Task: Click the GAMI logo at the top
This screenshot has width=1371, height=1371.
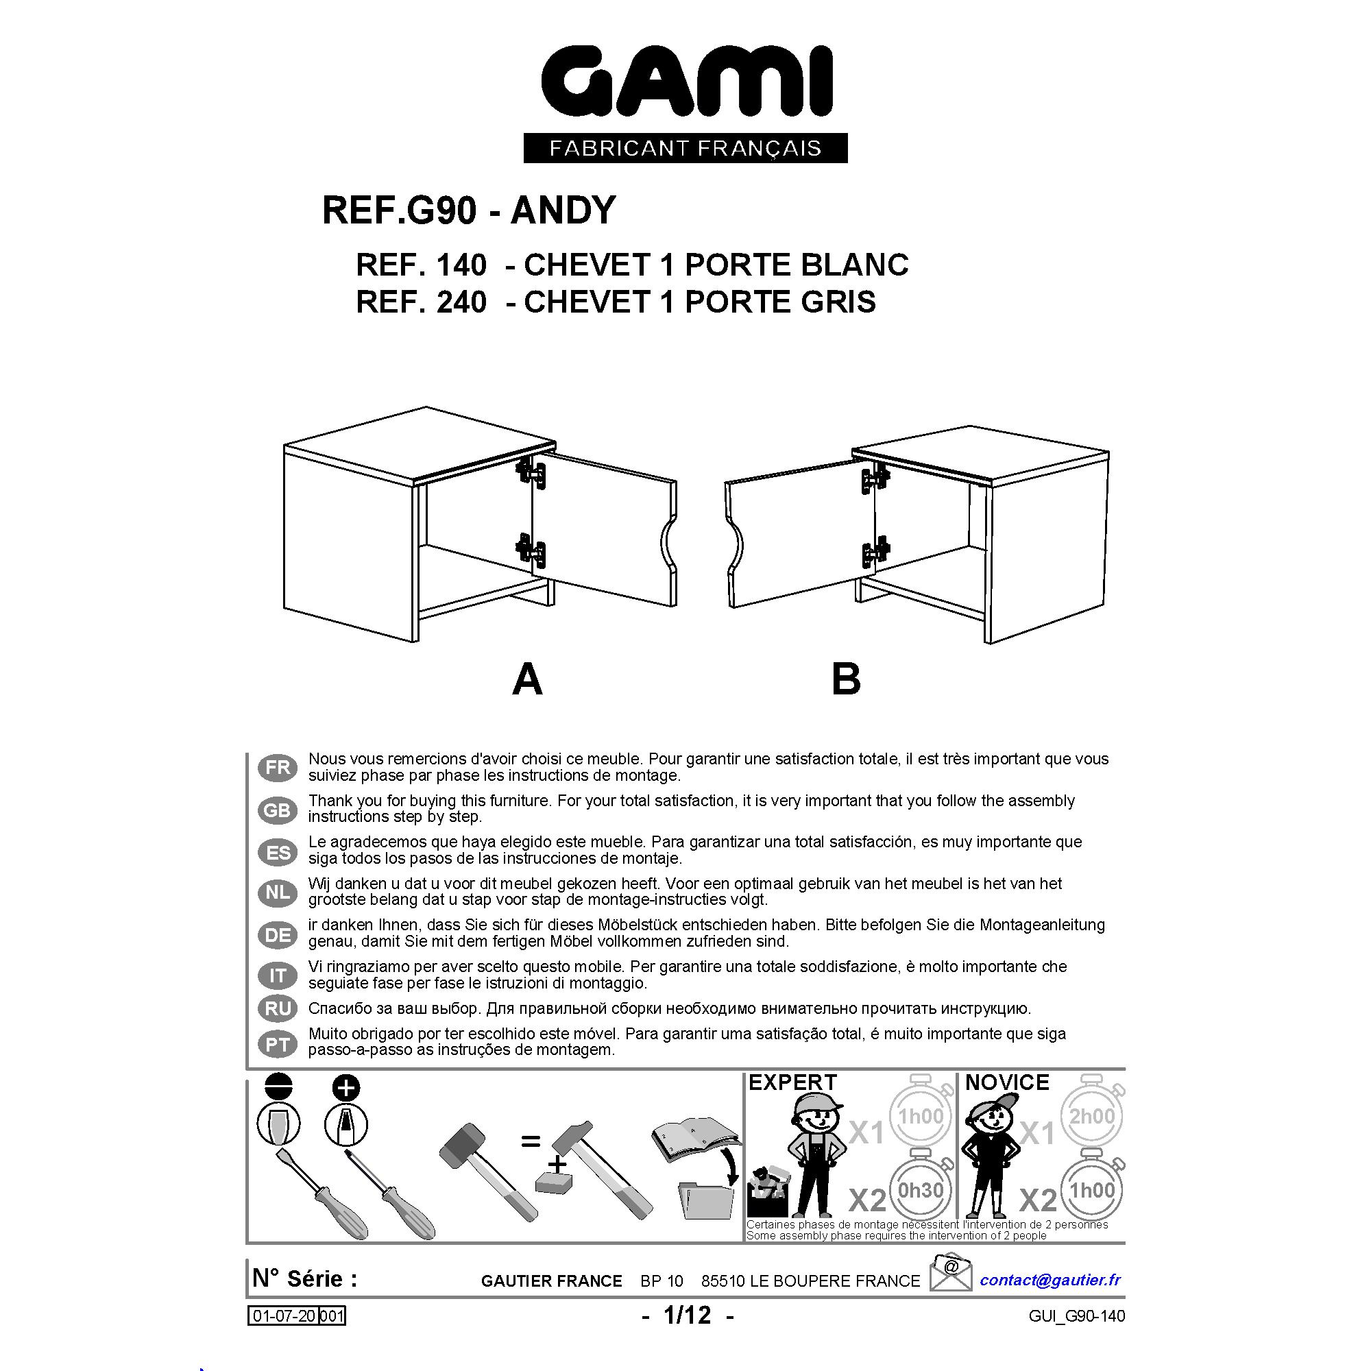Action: pos(686,82)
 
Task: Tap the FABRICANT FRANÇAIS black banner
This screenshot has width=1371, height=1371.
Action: pos(685,147)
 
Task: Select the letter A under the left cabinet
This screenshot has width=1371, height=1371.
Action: pos(527,679)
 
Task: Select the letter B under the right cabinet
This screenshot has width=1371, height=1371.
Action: pos(846,679)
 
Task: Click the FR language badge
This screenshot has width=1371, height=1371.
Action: pos(278,767)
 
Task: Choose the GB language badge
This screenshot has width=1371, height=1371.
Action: pos(278,810)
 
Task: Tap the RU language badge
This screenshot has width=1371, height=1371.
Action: pos(278,1008)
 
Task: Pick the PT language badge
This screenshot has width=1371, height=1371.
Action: pos(278,1044)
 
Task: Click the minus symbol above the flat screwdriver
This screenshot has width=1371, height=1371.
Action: pos(278,1087)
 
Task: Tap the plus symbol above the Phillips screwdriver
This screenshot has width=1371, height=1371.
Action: pos(346,1087)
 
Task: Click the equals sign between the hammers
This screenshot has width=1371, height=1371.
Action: pos(530,1142)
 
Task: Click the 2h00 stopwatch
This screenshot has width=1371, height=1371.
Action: pos(1093,1116)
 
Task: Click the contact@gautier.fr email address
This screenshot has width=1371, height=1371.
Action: pos(1050,1279)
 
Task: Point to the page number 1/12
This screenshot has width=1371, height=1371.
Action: pos(687,1315)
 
